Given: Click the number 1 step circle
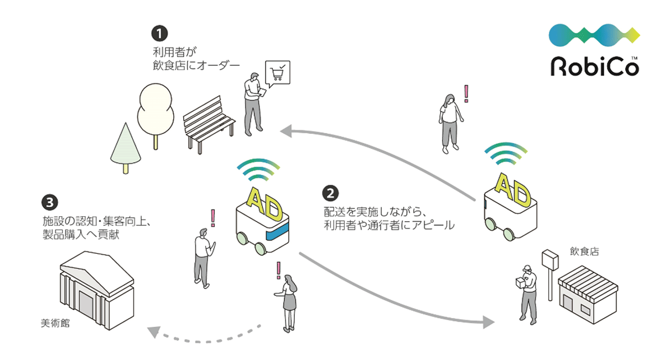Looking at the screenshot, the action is pyautogui.click(x=159, y=34).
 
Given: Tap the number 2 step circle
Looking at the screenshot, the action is pyautogui.click(x=330, y=194).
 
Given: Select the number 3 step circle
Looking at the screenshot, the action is pyautogui.click(x=49, y=202).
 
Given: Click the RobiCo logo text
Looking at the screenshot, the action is pyautogui.click(x=595, y=66).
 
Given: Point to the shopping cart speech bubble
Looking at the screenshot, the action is pyautogui.click(x=277, y=74).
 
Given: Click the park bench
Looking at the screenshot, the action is pyautogui.click(x=209, y=124).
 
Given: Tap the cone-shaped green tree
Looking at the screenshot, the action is pyautogui.click(x=126, y=148).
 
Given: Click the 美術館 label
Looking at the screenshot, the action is pyautogui.click(x=55, y=323).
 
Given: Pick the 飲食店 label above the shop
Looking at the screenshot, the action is pyautogui.click(x=584, y=251).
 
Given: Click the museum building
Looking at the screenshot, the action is pyautogui.click(x=97, y=290).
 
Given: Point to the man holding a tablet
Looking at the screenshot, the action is pyautogui.click(x=254, y=105).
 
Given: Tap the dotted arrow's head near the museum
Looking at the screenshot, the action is pyautogui.click(x=154, y=332).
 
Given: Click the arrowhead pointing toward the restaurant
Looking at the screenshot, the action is pyautogui.click(x=489, y=322).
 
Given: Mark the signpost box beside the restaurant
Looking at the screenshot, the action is pyautogui.click(x=550, y=260).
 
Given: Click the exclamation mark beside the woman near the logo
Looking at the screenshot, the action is pyautogui.click(x=466, y=93).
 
